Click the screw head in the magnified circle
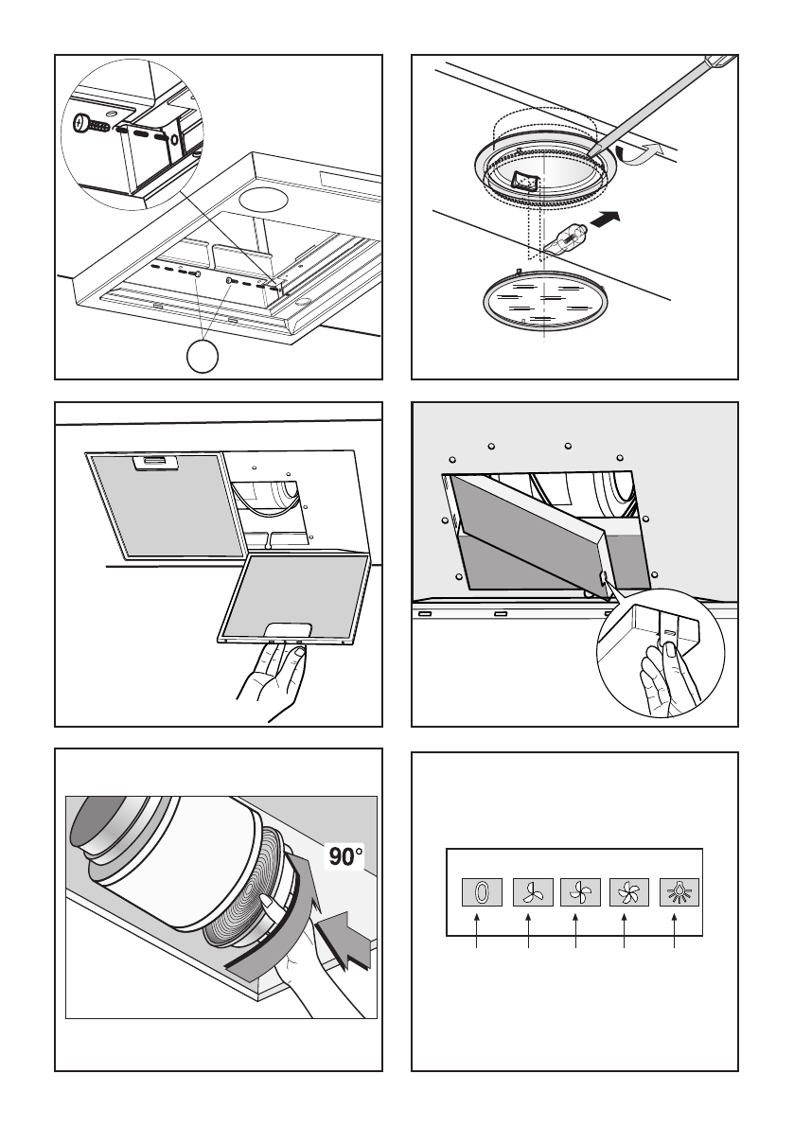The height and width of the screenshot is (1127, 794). click(86, 123)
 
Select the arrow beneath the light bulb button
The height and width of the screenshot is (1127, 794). click(674, 932)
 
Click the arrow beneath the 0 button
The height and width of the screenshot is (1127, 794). click(479, 932)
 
